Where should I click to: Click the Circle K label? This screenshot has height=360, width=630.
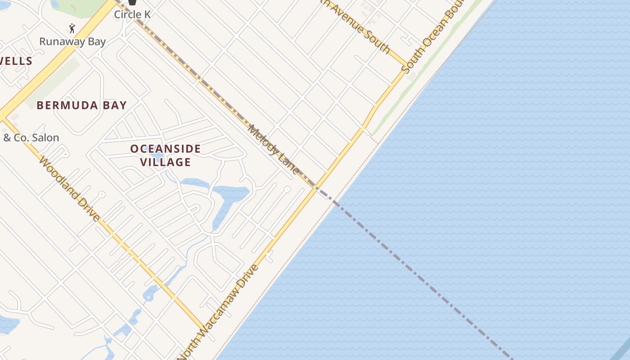point(132,14)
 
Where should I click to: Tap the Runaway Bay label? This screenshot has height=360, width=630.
point(72,42)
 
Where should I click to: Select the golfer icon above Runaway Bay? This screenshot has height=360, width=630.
point(72,28)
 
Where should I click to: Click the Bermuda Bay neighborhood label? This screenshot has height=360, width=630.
point(81,105)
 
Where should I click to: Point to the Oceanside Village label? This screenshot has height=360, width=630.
point(166,155)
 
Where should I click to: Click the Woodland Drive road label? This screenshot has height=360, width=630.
point(70,189)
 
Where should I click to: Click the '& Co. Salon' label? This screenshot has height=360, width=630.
point(31,138)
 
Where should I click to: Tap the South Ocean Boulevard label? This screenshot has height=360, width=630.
point(430,40)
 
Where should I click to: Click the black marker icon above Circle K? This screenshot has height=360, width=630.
point(132,2)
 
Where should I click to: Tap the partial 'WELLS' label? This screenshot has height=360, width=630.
point(16,61)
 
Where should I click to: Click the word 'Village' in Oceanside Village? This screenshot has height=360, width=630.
point(166,162)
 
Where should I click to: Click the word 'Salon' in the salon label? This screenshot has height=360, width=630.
point(45,138)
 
